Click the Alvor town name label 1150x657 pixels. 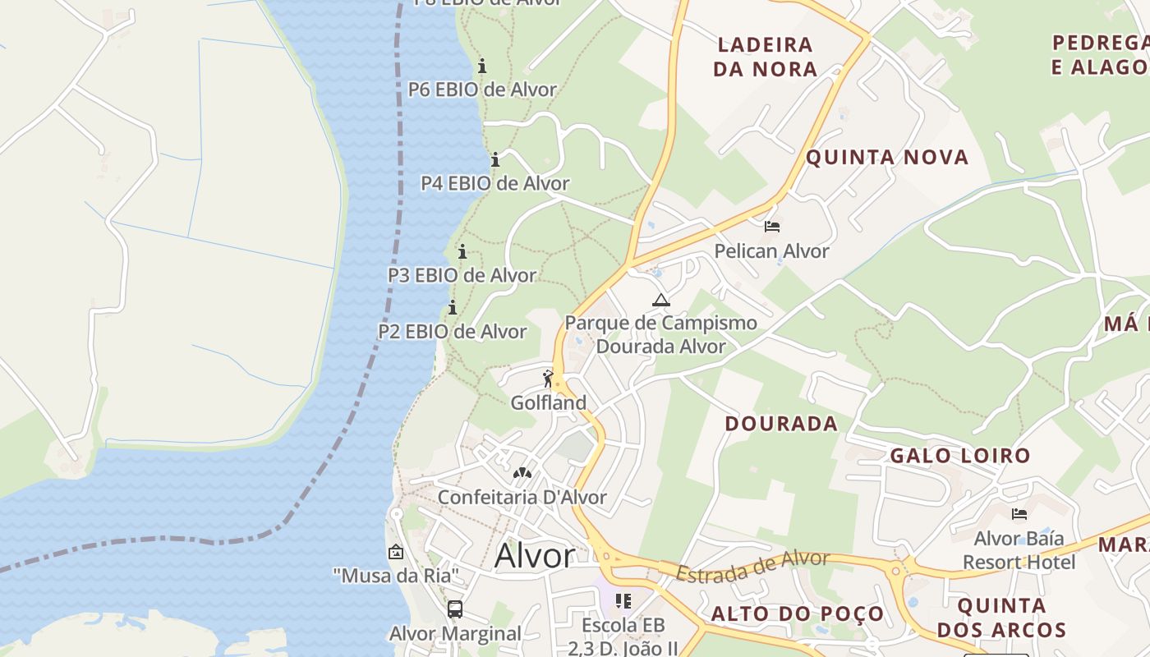535,556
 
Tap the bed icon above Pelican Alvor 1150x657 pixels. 771,227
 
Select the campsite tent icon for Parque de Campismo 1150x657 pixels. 661,300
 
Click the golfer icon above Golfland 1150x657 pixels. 548,379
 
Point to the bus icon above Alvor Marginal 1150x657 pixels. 455,609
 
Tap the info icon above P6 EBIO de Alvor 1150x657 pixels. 482,66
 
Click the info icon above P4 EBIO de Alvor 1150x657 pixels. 495,159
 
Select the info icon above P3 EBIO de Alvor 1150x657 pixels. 462,251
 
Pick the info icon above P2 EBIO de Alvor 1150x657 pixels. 453,308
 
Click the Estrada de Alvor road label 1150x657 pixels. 752,567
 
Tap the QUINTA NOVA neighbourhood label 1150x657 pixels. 887,157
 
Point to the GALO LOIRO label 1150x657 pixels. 960,455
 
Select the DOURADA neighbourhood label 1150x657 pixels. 781,424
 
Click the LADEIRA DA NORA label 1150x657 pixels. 765,57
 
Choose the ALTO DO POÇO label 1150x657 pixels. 797,613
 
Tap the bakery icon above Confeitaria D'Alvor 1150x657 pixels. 522,473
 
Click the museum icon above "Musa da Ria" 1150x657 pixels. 396,552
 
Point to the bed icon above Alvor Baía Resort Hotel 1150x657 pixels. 1019,515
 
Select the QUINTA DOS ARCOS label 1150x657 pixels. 1001,618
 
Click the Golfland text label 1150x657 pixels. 549,402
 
